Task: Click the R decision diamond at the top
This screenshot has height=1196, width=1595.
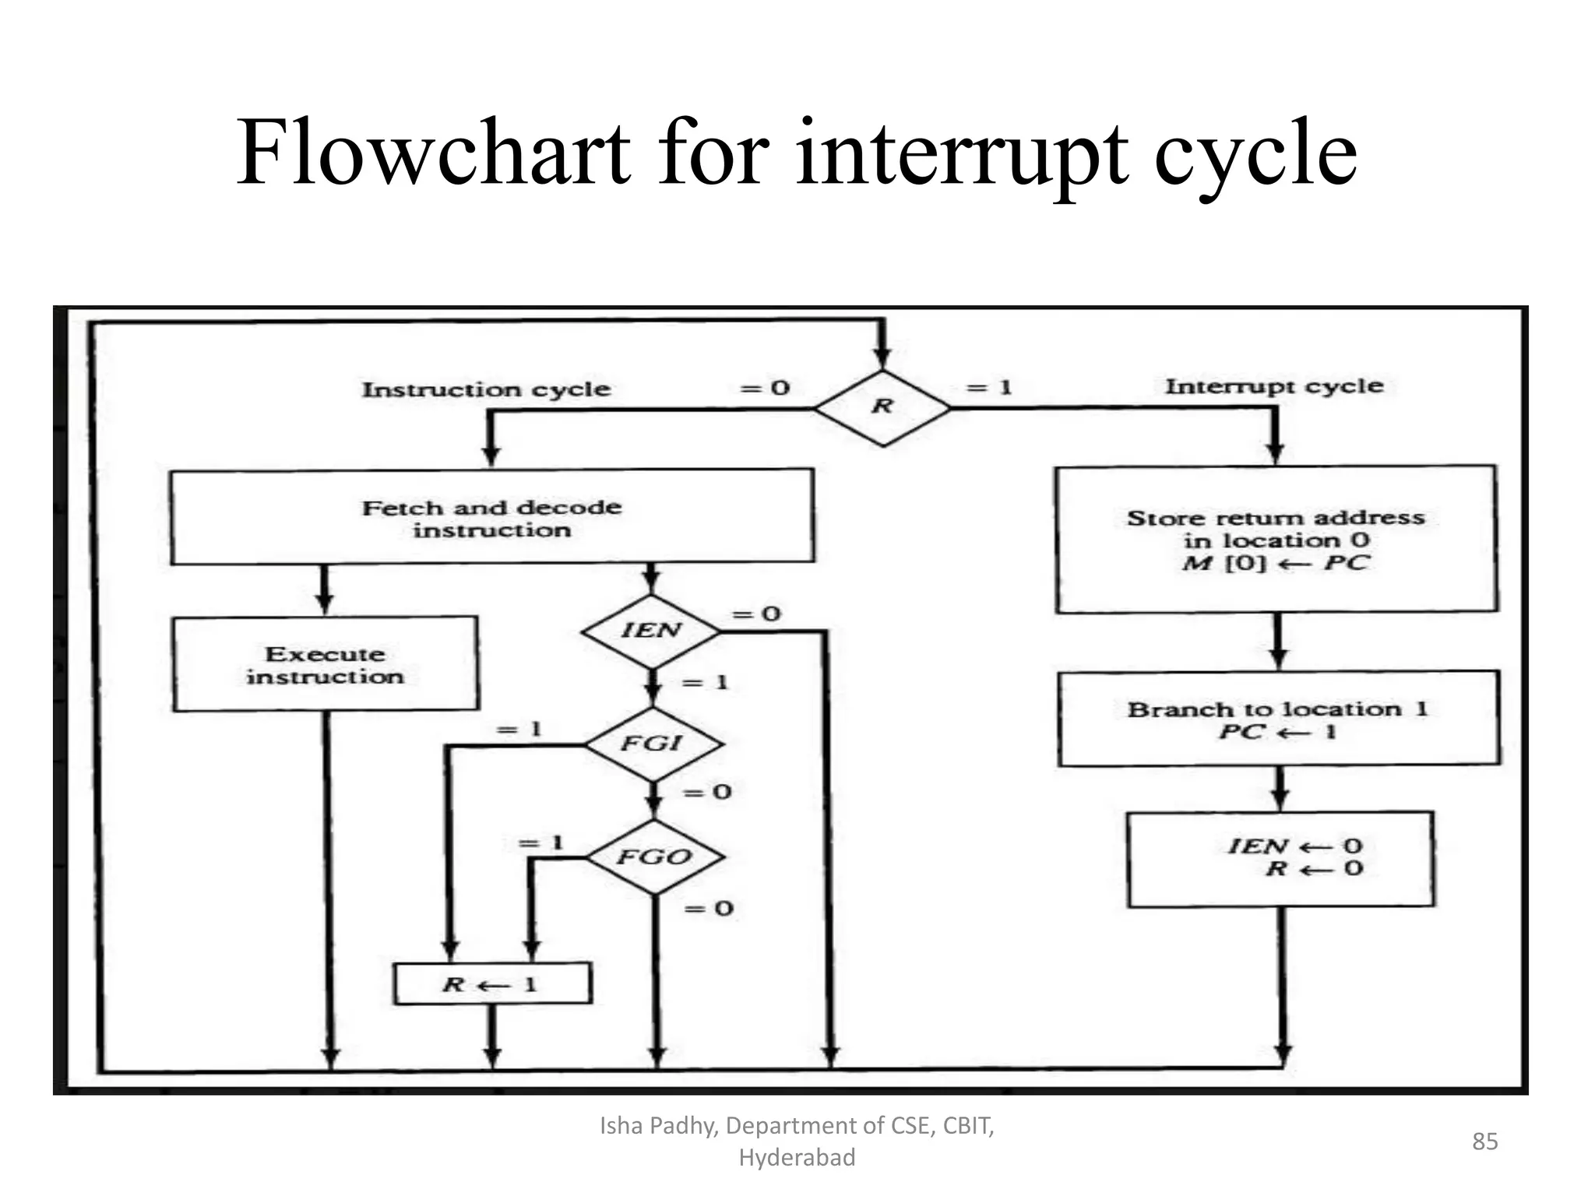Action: [x=882, y=406]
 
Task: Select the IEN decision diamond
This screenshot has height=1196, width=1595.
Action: [x=652, y=631]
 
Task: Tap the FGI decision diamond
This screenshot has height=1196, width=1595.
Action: [x=653, y=744]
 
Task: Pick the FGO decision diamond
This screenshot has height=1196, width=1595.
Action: [x=654, y=857]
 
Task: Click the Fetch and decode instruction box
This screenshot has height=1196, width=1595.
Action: [x=492, y=517]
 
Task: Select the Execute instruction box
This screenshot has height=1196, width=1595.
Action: [x=326, y=664]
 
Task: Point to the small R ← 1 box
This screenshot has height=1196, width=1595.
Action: [x=491, y=984]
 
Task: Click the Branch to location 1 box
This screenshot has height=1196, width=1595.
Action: [x=1278, y=719]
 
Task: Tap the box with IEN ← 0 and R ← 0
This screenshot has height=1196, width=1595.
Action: [x=1280, y=859]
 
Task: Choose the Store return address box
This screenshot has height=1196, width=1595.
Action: [x=1276, y=539]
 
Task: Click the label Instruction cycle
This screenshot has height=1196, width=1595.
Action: [x=486, y=389]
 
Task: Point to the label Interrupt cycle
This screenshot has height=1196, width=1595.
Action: [x=1274, y=386]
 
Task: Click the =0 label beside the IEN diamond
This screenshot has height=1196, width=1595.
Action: [x=756, y=614]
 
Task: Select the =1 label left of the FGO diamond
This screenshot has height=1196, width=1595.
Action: [x=540, y=843]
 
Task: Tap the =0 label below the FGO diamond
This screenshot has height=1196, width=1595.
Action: [x=709, y=909]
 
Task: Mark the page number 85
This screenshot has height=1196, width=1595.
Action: [x=1484, y=1141]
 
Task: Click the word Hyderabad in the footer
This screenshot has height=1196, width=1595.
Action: [x=797, y=1158]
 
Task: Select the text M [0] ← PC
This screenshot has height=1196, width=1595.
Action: [x=1275, y=563]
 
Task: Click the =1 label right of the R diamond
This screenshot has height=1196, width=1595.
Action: [x=988, y=388]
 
